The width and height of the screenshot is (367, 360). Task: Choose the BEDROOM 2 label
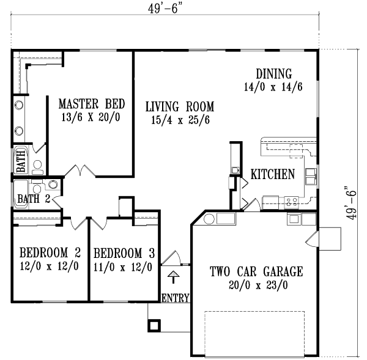coord(50,252)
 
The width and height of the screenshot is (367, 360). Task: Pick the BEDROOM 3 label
coord(124,252)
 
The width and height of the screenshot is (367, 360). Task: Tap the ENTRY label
coord(176,298)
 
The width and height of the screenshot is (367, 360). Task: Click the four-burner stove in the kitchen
coord(289,199)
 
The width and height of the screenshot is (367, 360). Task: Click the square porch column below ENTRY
coord(154,325)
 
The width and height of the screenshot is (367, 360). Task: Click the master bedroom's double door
coord(78,172)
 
